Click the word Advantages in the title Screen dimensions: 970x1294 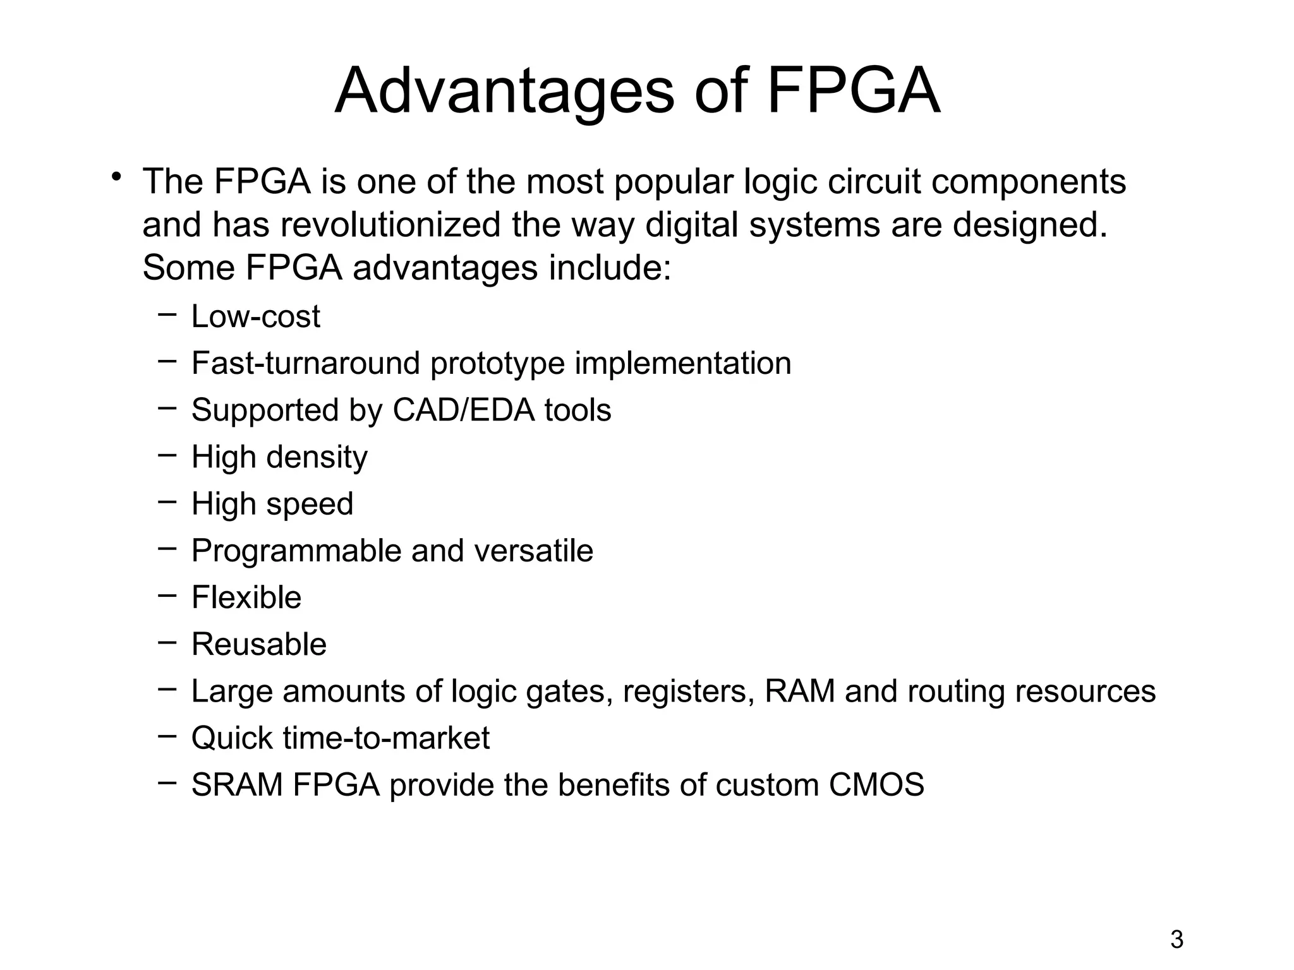[x=504, y=92]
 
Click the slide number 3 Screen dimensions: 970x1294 [x=1176, y=940]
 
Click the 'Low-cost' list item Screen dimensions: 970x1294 [x=255, y=316]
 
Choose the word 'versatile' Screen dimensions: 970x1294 [x=533, y=551]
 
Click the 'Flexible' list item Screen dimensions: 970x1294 [x=246, y=597]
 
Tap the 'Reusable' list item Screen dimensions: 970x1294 [x=259, y=644]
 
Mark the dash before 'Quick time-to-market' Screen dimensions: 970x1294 [x=167, y=735]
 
